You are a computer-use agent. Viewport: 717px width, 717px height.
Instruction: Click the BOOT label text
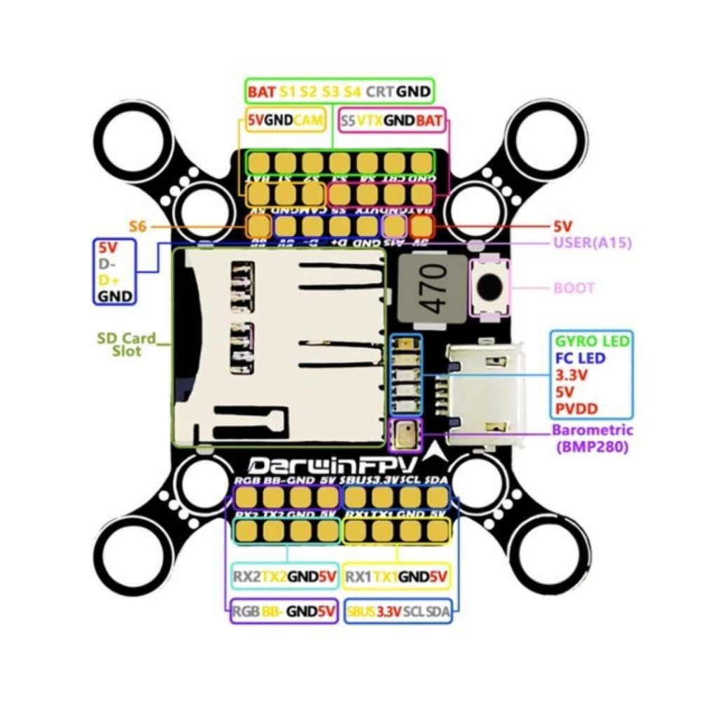click(574, 288)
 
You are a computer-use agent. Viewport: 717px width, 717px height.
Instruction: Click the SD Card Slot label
click(127, 344)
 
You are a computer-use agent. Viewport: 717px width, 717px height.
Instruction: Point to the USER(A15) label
click(592, 244)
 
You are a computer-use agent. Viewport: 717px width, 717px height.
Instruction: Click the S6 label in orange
click(139, 226)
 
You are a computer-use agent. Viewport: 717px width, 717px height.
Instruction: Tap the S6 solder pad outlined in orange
click(259, 226)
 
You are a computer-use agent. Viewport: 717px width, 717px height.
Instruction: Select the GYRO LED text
click(592, 342)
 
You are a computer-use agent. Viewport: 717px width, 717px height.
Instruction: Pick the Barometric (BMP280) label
click(592, 437)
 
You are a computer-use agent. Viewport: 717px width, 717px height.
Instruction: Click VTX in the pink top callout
click(370, 120)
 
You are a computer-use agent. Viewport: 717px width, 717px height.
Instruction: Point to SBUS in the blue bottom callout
click(361, 611)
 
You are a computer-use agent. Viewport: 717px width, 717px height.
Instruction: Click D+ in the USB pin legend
click(107, 281)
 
